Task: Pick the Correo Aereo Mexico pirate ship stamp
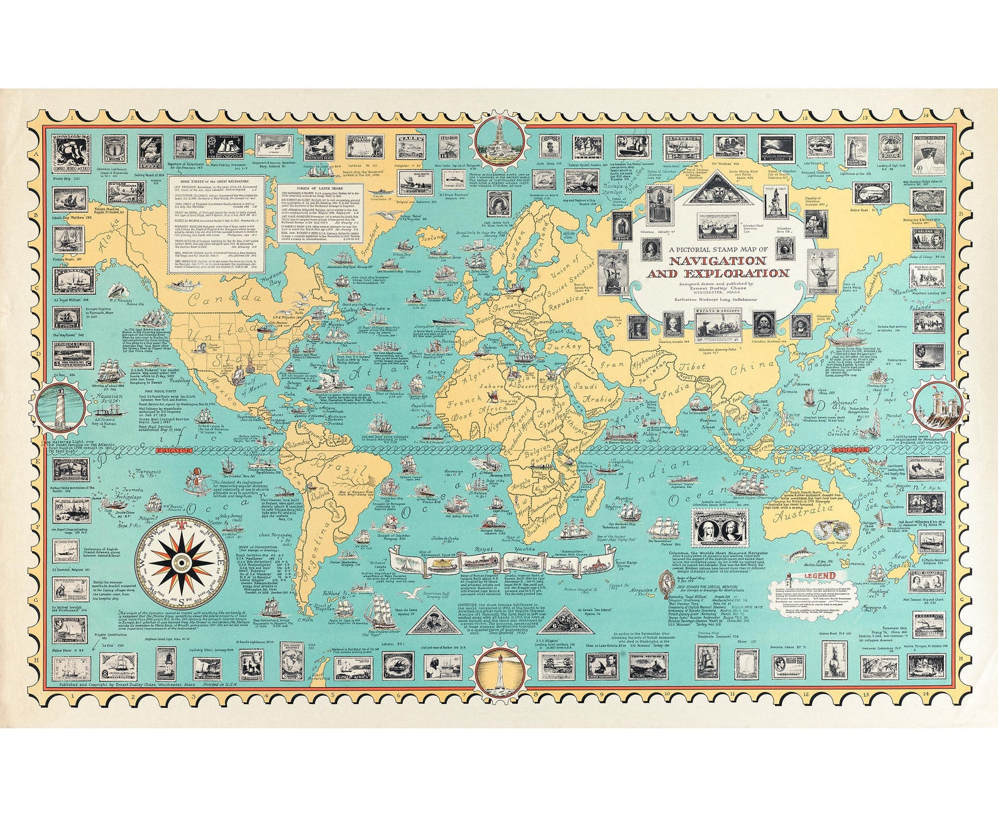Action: [71, 153]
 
